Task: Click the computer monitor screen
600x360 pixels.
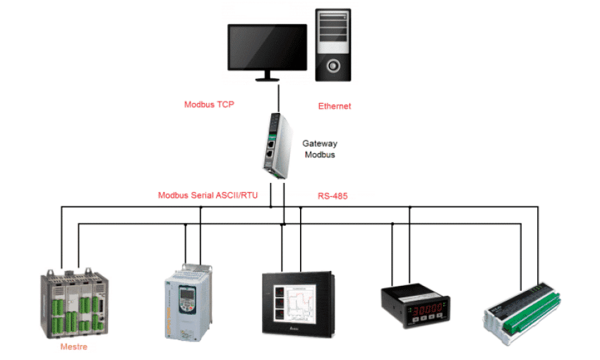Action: pos(267,46)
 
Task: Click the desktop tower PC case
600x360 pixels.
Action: pos(333,42)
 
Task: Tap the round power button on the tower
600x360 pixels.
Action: pos(333,66)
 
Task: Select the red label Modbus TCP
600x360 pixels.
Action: pos(209,104)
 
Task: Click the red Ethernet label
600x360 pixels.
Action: pos(335,107)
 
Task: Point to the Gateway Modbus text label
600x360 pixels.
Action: pos(319,148)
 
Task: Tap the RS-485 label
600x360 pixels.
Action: pos(332,196)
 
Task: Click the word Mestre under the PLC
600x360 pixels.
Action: pos(74,347)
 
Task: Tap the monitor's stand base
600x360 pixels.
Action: pos(267,78)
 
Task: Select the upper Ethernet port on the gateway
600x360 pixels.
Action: pos(270,139)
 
